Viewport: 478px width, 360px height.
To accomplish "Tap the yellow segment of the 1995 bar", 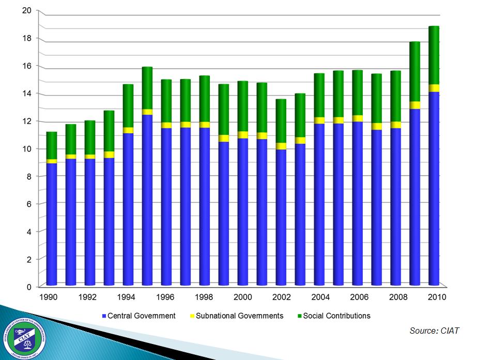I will (147, 112).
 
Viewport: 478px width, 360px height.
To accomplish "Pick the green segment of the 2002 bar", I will (281, 121).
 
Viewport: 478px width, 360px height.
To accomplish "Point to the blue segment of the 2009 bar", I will (414, 196).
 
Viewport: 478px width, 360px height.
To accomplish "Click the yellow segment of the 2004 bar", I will (319, 121).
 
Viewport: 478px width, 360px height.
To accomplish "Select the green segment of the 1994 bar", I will (128, 106).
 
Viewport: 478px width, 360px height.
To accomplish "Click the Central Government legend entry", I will (139, 316).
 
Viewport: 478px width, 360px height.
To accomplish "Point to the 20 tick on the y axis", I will (27, 11).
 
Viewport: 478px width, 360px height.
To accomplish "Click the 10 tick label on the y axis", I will (27, 149).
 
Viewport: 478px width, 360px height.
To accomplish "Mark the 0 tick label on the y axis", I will (29, 287).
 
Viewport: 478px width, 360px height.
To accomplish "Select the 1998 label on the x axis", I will (205, 297).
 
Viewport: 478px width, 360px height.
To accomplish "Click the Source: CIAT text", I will (434, 331).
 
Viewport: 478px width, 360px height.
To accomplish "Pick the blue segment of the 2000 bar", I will (243, 212).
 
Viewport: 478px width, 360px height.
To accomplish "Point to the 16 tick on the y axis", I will (27, 66).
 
